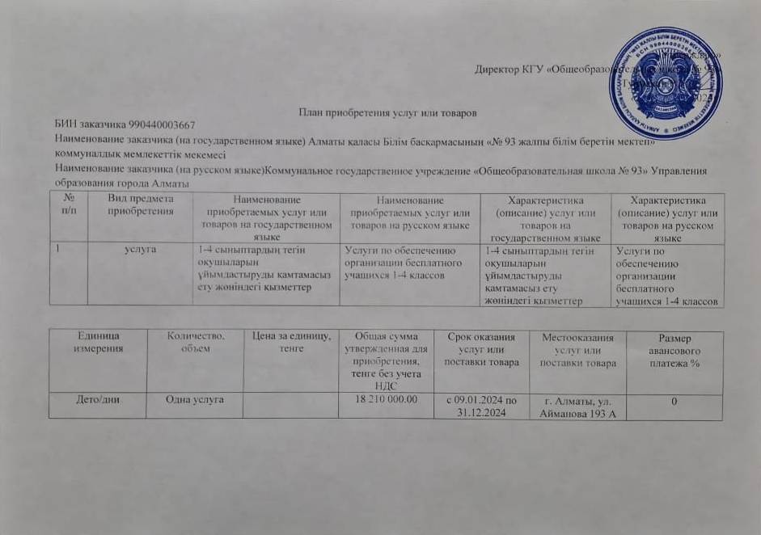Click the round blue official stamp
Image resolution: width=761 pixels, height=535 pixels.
[x=665, y=83]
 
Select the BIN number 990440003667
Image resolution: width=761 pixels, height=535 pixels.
[x=161, y=124]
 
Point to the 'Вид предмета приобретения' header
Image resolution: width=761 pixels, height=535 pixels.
[x=142, y=205]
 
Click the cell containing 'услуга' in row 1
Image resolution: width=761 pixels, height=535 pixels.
[x=142, y=251]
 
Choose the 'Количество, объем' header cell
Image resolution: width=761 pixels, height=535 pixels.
[x=195, y=340]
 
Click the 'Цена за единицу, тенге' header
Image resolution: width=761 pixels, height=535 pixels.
[x=291, y=341]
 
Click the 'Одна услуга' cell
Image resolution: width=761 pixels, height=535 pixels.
[x=195, y=399]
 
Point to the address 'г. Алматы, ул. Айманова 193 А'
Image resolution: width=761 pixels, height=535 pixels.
[x=576, y=406]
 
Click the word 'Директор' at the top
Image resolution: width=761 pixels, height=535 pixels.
[x=497, y=70]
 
